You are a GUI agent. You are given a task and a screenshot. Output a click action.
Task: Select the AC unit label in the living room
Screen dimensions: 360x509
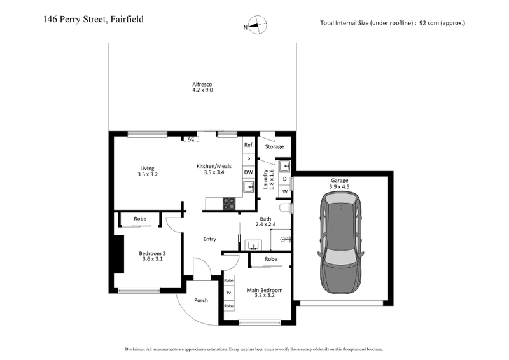point(190,139)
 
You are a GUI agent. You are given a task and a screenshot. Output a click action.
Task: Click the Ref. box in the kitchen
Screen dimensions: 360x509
point(248,146)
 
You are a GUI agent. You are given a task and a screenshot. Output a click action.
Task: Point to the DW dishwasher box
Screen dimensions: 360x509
point(248,172)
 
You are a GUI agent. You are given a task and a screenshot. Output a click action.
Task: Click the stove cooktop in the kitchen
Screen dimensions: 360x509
point(228,204)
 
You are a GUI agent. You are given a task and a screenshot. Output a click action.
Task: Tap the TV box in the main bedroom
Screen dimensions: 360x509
point(229,293)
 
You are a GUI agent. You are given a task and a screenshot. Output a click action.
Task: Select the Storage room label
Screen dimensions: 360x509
point(274,147)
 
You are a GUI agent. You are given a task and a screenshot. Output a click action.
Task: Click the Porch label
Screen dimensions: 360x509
point(201,300)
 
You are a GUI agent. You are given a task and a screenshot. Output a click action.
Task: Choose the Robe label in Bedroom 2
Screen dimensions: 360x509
point(140,219)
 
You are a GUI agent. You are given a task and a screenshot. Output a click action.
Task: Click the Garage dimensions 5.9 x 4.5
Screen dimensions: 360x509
point(340,187)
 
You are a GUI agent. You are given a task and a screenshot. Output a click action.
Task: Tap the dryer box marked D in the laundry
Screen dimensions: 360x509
point(285,179)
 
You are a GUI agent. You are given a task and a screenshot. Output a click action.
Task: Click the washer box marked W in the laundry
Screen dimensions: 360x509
point(285,191)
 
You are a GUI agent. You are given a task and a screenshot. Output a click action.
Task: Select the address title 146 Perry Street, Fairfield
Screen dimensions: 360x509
point(94,19)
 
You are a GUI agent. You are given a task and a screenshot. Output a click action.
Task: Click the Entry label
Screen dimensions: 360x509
point(209,239)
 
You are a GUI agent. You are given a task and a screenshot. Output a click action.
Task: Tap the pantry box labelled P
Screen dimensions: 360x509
point(248,159)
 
